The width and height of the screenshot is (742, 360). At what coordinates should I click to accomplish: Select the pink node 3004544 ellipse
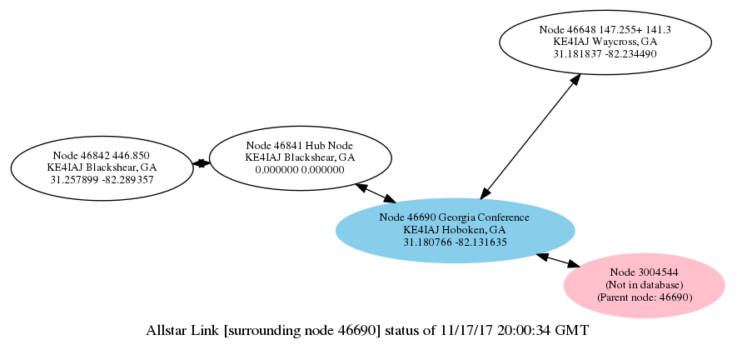click(644, 285)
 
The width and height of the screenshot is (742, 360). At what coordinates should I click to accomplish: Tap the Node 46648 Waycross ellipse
click(605, 41)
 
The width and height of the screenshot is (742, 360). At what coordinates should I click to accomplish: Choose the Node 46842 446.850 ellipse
click(102, 167)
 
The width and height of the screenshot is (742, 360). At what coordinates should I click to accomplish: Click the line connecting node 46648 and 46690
click(530, 136)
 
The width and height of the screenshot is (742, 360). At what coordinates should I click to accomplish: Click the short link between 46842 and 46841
click(201, 163)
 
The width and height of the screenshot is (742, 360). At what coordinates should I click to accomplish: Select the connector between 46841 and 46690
click(376, 192)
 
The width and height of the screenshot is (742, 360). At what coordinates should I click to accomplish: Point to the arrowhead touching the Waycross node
click(574, 80)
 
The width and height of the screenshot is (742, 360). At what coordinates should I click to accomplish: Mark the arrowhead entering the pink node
click(574, 264)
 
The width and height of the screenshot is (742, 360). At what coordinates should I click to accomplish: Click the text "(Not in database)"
click(644, 285)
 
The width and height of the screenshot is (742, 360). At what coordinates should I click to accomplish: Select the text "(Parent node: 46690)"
click(644, 297)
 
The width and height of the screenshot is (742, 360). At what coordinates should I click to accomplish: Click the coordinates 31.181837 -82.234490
click(605, 52)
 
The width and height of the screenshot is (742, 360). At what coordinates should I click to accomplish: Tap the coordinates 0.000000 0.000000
click(300, 169)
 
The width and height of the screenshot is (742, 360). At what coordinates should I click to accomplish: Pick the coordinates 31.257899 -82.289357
click(102, 179)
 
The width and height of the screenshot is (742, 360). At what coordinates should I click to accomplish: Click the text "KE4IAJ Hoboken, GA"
click(455, 230)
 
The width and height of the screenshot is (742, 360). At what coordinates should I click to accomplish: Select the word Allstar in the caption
click(168, 331)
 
